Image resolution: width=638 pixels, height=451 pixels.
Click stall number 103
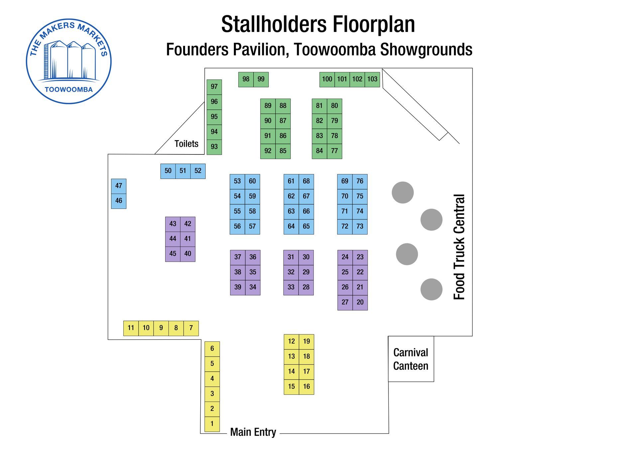372,79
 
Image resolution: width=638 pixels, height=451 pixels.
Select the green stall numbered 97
214,87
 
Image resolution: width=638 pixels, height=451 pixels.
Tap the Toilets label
186,144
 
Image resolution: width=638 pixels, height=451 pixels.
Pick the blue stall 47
119,186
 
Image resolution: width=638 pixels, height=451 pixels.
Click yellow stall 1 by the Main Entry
212,424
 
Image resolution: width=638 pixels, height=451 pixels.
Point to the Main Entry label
253,432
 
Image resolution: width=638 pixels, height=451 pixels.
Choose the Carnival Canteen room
411,359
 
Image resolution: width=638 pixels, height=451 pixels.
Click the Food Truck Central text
459,247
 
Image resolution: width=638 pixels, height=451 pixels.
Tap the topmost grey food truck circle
402,193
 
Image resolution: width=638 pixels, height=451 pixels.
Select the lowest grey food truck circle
431,289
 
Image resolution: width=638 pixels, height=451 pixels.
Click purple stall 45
173,254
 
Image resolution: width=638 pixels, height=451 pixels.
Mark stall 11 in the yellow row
131,328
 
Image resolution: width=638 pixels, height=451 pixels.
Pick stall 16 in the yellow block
306,387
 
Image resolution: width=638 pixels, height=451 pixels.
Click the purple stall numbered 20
360,303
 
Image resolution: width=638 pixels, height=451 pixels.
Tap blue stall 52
198,171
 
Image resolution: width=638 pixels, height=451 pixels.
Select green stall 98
246,79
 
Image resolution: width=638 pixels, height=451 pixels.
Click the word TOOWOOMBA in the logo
69,90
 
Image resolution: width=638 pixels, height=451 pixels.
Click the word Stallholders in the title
275,24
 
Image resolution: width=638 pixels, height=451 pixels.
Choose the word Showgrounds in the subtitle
426,49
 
